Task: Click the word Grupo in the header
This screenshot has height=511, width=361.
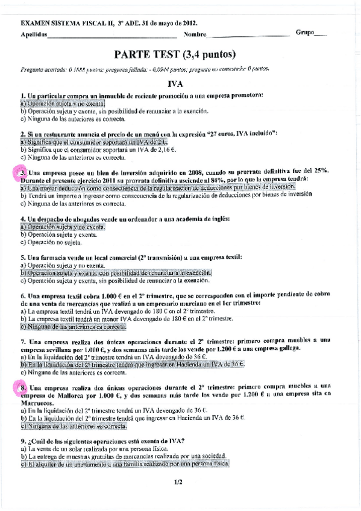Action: tap(306, 32)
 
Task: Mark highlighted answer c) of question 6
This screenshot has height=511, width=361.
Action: tap(73, 327)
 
